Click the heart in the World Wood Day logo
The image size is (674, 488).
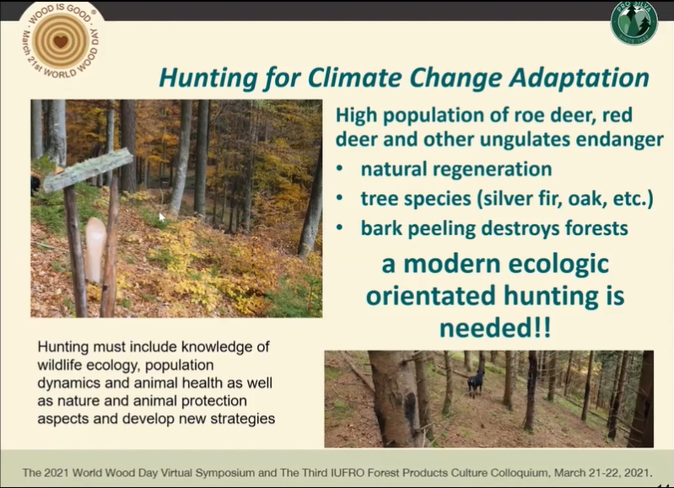[x=61, y=41]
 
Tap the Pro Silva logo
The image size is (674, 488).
[x=634, y=23]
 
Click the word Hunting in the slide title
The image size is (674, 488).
[x=208, y=78]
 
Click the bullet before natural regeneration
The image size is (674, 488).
[x=340, y=169]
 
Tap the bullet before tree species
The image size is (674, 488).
[x=340, y=198]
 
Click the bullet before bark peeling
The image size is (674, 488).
[x=340, y=228]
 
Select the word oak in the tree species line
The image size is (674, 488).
[x=585, y=199]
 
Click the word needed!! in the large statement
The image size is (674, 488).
[x=495, y=329]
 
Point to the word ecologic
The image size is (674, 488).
[x=558, y=264]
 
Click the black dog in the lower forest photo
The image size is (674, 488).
[x=476, y=383]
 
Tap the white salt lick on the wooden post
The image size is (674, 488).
[x=95, y=250]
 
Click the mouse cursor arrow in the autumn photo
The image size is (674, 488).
[x=161, y=217]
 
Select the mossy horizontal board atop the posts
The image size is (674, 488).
[x=88, y=169]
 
